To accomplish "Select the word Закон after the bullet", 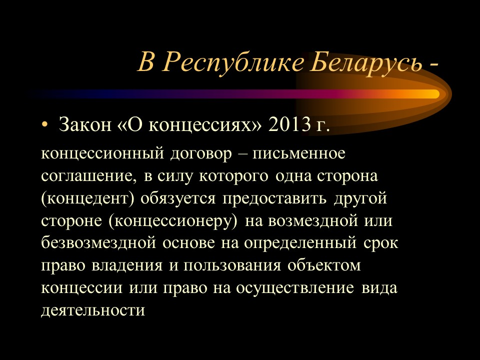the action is (x=85, y=124).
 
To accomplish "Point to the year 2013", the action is (x=289, y=124).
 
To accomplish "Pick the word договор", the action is (x=201, y=153).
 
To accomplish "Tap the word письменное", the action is (x=299, y=153).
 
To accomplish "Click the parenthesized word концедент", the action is (x=88, y=198).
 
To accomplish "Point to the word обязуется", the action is (x=178, y=198).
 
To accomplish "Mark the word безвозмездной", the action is (x=98, y=242).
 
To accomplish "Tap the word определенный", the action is (x=300, y=243).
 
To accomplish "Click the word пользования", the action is (x=232, y=265).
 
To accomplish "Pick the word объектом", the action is (x=324, y=265).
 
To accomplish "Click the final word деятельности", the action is (x=93, y=310).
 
